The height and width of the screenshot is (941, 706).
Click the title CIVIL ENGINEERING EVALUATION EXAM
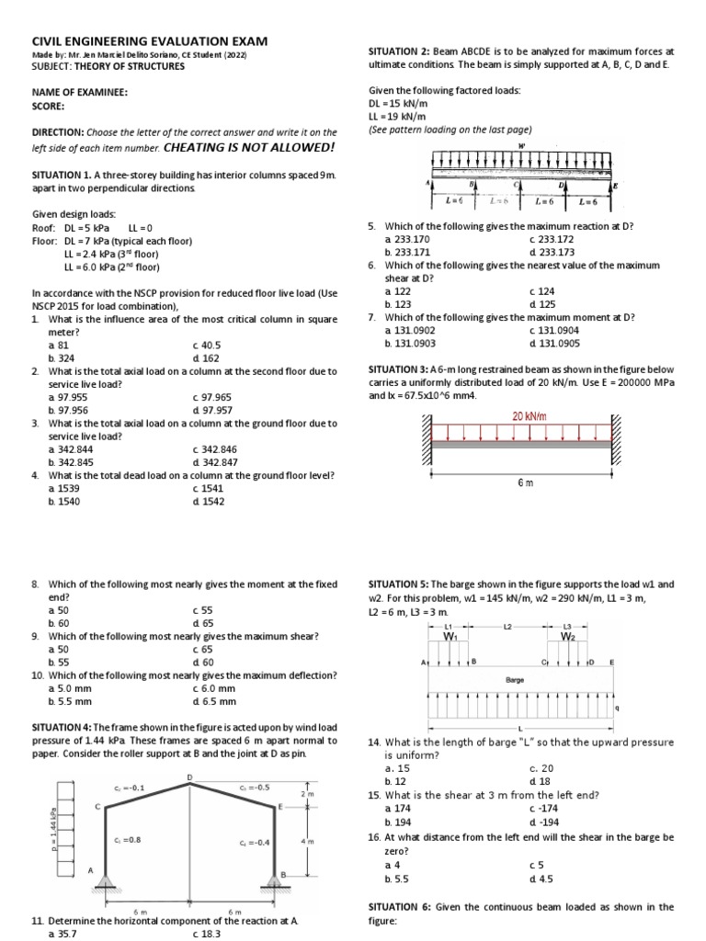click(x=150, y=41)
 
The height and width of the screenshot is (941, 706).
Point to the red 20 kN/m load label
click(x=529, y=416)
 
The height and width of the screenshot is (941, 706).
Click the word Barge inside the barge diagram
click(x=515, y=681)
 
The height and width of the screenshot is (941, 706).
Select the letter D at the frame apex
click(x=190, y=778)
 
